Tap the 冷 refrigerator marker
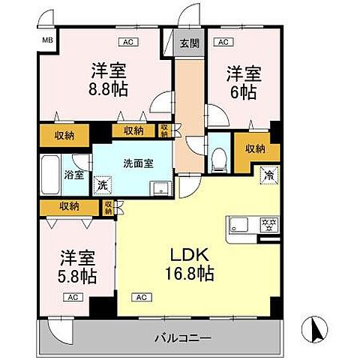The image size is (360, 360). pos(268,175)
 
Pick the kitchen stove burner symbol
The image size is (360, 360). pos(267,223)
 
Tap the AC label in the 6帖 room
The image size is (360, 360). pos(223,42)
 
